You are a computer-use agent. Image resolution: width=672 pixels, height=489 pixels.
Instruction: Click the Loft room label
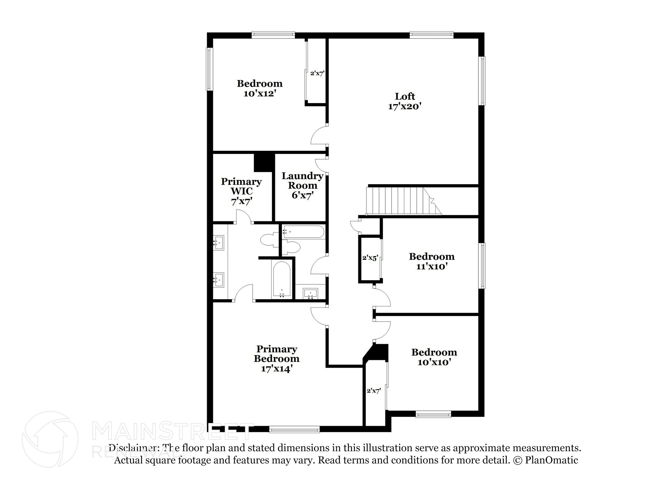coord(405,96)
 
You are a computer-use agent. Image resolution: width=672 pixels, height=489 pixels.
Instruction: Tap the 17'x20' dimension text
coord(405,106)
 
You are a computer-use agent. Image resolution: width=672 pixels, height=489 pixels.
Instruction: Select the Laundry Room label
coord(303,181)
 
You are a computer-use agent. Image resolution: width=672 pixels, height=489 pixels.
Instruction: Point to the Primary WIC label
coord(241,186)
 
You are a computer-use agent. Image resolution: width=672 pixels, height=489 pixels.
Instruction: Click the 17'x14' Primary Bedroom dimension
coord(277,368)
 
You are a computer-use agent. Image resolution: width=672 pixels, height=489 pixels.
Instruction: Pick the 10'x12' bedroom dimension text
coord(259,94)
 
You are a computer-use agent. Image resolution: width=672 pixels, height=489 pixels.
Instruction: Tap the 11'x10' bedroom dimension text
coord(432,266)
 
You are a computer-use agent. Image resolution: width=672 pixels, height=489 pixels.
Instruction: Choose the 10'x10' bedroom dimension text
coord(434,362)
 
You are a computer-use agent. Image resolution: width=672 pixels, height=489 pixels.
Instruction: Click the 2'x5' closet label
coord(370,258)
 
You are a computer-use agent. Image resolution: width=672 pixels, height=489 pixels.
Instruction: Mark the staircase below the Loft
coord(404,201)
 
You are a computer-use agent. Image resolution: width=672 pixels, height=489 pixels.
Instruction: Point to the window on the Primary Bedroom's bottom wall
coord(294,429)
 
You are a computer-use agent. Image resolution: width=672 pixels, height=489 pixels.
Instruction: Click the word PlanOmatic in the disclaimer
coord(552,460)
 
